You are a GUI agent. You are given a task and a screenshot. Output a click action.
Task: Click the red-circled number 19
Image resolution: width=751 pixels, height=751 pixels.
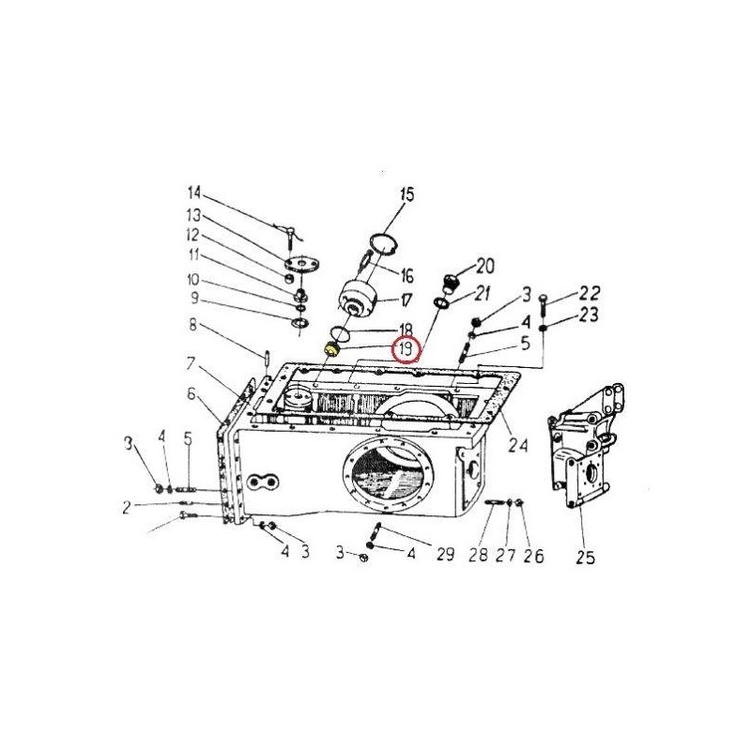tap(406, 349)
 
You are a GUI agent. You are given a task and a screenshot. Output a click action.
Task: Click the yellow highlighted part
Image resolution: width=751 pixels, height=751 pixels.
tap(330, 349)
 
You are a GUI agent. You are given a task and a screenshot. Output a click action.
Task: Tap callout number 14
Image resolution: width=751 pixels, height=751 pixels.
tap(194, 193)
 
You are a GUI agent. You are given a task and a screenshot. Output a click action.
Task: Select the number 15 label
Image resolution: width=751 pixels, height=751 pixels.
tap(406, 195)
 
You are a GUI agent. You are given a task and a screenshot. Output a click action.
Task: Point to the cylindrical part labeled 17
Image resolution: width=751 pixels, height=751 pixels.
tap(359, 299)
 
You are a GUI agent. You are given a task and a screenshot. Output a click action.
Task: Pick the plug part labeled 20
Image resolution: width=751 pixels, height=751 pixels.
tap(450, 283)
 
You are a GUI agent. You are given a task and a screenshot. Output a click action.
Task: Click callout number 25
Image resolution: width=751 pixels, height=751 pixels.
tap(585, 557)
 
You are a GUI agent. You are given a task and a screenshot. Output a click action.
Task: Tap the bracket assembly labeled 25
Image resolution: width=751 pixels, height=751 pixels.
tap(585, 445)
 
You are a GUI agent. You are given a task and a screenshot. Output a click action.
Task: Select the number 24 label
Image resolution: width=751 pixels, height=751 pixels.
tap(518, 445)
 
